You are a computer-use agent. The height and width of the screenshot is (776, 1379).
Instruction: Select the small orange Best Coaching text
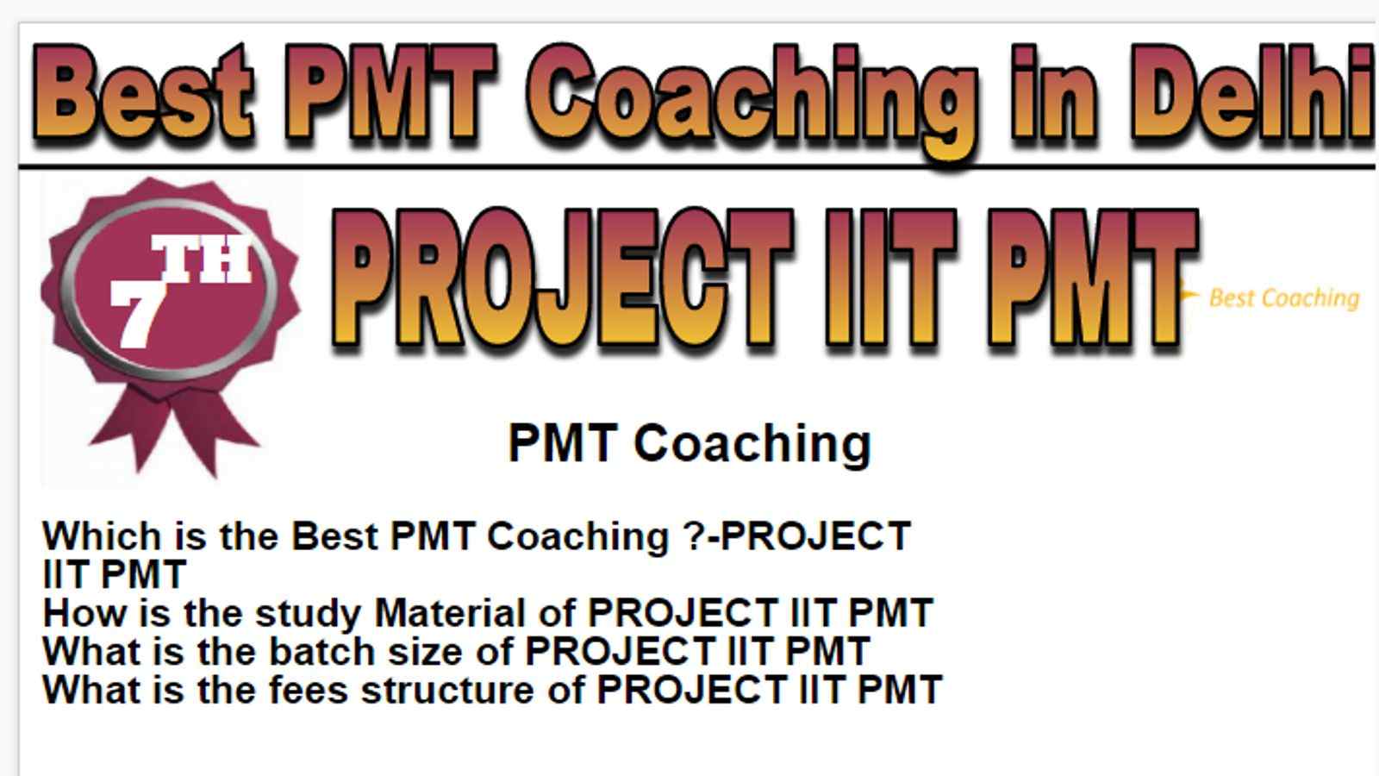1284,298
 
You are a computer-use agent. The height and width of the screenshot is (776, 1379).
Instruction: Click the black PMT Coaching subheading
689,444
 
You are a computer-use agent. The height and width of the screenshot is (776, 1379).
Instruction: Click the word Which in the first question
103,535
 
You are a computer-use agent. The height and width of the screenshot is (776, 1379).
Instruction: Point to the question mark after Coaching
694,535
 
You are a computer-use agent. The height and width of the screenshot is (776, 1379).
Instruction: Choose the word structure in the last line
447,689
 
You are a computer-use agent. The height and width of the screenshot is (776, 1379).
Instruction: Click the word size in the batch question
426,651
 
